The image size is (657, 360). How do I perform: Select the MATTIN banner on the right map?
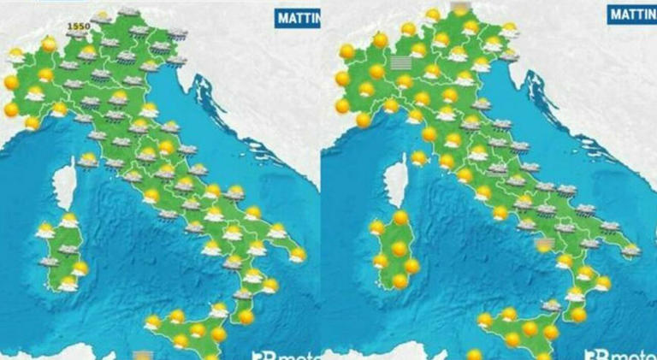[631, 14]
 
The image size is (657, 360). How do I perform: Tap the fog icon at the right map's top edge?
[460, 7]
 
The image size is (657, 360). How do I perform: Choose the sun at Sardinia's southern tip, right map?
[400, 280]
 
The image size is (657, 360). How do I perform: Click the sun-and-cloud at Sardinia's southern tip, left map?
[68, 282]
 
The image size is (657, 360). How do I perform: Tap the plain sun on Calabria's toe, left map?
[246, 317]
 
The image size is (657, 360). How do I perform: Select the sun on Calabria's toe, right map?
[578, 315]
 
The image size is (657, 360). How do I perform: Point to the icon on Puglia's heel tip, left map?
[298, 254]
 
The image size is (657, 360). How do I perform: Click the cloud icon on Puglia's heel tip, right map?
[630, 251]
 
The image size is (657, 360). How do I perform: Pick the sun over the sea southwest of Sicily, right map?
[475, 353]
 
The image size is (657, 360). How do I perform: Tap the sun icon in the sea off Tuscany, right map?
[419, 157]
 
